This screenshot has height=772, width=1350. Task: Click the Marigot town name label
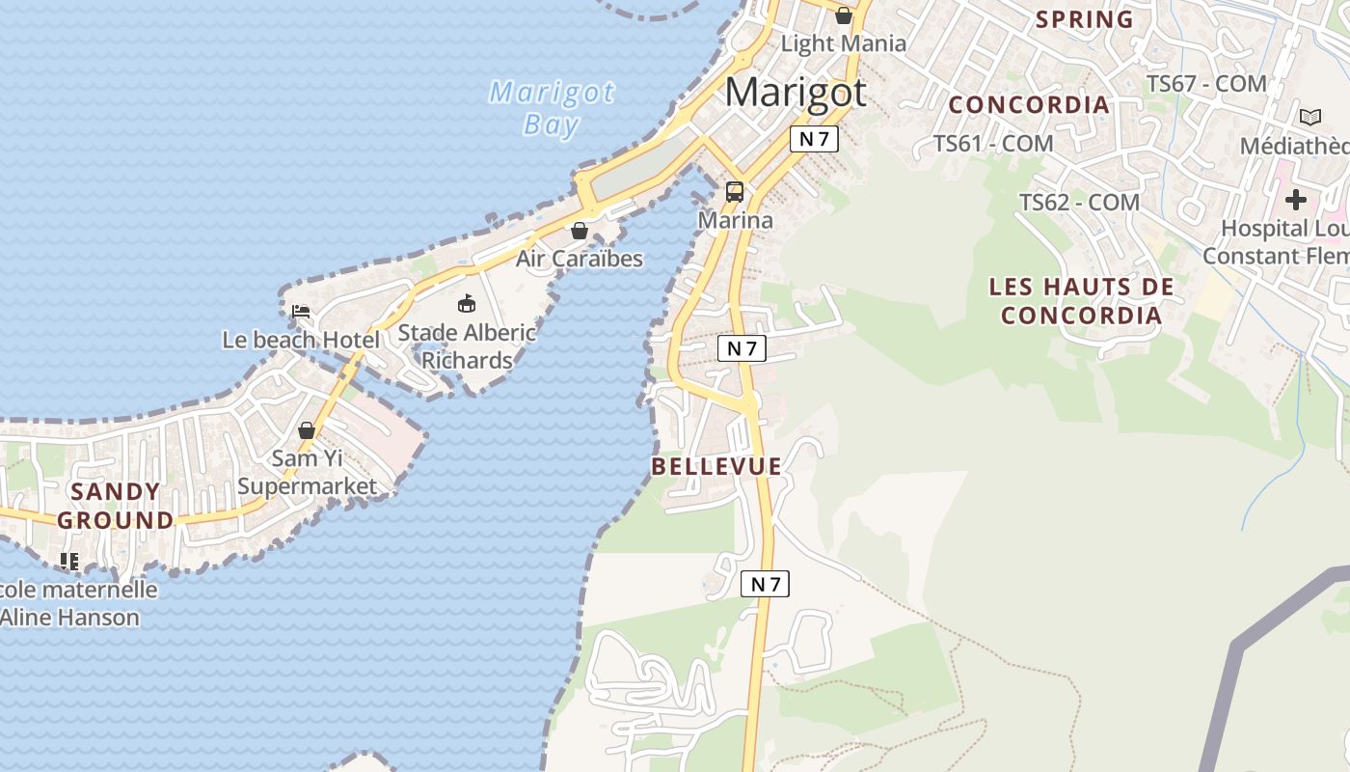796,93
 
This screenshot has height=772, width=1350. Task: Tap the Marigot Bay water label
552,108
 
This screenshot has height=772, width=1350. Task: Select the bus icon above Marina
735,191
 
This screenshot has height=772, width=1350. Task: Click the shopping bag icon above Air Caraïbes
580,231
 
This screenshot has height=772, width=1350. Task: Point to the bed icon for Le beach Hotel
301,312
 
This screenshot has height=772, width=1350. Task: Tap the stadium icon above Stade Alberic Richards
467,304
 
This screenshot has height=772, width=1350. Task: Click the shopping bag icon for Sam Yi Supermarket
307,430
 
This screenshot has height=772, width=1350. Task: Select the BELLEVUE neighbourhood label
716,467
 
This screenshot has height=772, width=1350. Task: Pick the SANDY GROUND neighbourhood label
116,506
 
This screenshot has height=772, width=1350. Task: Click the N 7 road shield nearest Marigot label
814,139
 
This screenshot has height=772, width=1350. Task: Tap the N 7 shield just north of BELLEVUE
742,348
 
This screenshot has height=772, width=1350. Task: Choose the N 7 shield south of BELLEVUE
765,584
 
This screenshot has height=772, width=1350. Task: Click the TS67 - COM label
1205,84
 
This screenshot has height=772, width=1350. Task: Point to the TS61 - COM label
993,144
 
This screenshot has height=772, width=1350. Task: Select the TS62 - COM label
1080,203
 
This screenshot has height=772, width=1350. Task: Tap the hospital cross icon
1295,200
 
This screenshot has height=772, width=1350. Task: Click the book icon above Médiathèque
1309,118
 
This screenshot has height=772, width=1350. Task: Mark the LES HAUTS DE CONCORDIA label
1081,301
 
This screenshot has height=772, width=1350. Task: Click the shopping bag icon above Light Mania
844,15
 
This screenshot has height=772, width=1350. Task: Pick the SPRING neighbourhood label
1085,19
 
